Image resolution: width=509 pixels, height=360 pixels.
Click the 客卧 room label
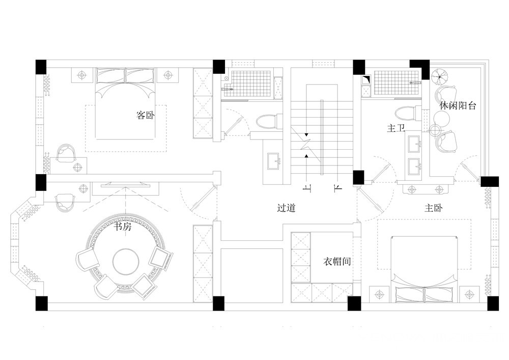click(x=146, y=115)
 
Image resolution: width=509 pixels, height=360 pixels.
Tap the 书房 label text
click(x=122, y=226)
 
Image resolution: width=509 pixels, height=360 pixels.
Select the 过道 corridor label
click(x=286, y=208)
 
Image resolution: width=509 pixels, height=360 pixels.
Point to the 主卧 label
click(x=434, y=208)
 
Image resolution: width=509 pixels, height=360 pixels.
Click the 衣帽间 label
click(x=337, y=261)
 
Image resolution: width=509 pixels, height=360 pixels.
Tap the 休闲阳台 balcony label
click(x=458, y=105)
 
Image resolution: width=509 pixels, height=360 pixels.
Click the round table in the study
click(x=126, y=261)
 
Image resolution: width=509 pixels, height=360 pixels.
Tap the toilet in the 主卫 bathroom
click(x=408, y=114)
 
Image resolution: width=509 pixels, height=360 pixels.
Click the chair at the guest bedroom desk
click(x=66, y=152)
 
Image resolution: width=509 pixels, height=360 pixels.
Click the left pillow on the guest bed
click(x=110, y=76)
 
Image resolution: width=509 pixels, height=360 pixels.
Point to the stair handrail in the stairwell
click(x=322, y=137)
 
